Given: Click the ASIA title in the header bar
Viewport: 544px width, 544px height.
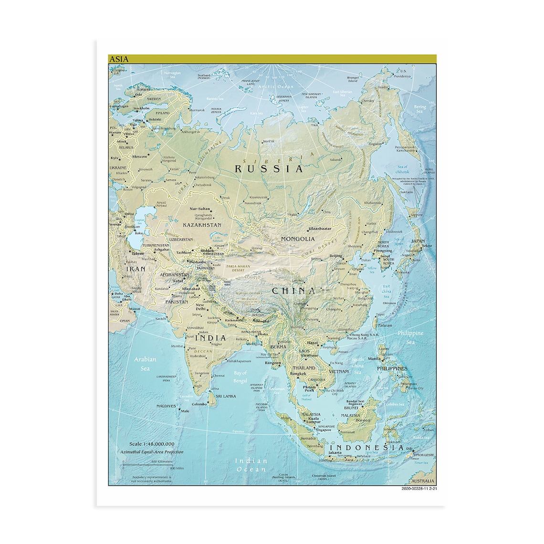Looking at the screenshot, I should [119, 59].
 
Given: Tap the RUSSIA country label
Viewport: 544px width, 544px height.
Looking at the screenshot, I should [269, 168].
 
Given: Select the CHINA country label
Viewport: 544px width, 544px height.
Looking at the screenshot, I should [293, 290].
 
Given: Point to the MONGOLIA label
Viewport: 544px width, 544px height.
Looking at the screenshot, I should [298, 239].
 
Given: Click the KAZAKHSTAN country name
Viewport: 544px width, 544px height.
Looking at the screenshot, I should [202, 225].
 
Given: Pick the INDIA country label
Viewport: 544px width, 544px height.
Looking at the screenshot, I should [210, 338].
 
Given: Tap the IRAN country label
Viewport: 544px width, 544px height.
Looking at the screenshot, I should [136, 269].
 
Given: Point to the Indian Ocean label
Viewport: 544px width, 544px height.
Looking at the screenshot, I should [251, 465].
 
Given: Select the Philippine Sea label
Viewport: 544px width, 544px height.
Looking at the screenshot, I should [410, 337].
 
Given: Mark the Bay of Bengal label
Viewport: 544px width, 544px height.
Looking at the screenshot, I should [241, 377].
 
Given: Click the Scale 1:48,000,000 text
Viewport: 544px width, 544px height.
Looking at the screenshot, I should [152, 444].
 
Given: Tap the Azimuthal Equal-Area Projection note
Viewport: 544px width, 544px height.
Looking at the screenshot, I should [152, 452].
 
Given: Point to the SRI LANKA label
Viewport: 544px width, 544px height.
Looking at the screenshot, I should [226, 396].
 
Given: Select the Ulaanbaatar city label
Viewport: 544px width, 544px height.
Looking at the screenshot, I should [319, 229].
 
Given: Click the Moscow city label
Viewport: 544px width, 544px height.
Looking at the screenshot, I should [140, 157].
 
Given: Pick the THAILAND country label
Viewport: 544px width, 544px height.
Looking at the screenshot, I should [303, 368].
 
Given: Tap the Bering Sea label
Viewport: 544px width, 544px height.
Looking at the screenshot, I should [420, 109].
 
